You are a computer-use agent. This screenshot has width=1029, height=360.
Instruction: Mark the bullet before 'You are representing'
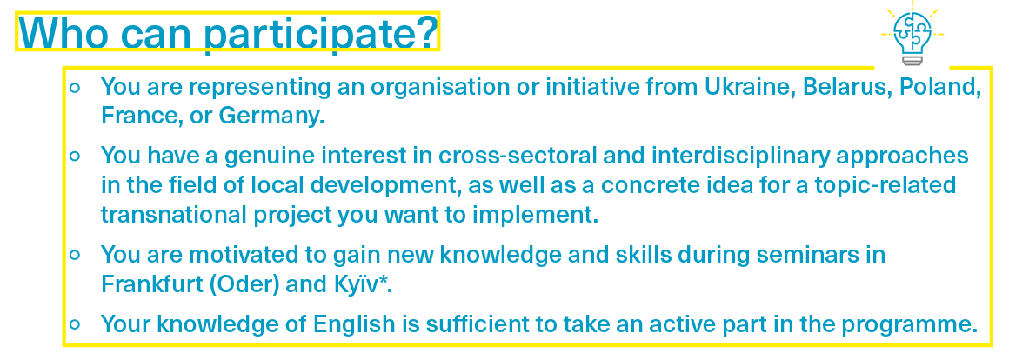[x=75, y=87]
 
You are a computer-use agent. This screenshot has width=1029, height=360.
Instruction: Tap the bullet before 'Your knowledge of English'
[x=75, y=324]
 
